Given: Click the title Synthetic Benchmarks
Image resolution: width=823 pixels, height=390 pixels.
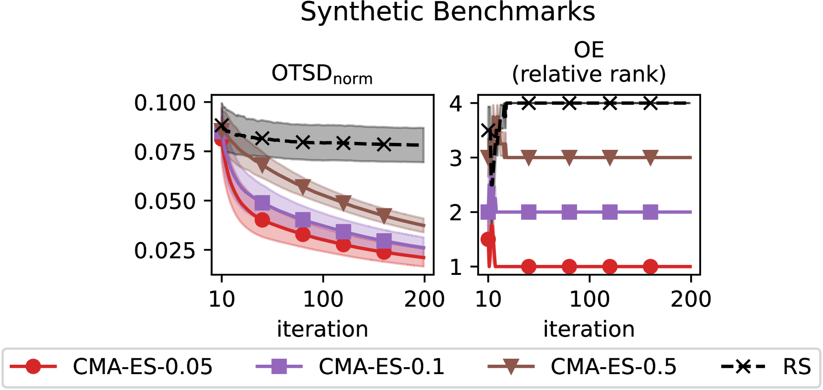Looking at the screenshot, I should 447,12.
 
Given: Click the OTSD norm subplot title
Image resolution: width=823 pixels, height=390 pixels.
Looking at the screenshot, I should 322,74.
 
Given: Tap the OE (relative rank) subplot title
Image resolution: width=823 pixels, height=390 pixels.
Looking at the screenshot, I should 589,62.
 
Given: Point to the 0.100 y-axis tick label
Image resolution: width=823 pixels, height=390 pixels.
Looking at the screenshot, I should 165,103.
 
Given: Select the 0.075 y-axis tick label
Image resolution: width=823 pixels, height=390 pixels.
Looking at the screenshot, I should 165,152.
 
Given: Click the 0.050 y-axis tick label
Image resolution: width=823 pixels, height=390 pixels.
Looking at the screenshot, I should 165,201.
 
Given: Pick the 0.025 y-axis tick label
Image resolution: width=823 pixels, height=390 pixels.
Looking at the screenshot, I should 165,251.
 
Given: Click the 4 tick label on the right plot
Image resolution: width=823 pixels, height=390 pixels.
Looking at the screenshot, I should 456,104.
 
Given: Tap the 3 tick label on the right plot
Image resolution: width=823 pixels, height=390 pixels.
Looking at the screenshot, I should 456,159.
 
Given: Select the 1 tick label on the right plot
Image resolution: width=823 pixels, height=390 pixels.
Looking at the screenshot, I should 456,267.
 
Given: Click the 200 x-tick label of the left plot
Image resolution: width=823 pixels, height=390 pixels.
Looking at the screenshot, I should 424,299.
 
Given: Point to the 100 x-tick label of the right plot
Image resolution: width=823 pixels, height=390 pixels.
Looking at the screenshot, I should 589,299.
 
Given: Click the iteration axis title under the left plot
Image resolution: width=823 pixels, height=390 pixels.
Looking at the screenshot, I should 322,329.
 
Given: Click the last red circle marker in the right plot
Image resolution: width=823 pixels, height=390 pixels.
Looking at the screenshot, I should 650,266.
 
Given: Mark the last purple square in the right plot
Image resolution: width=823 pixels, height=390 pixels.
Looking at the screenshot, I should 650,212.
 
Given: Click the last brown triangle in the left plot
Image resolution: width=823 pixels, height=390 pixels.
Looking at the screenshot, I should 384,216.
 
